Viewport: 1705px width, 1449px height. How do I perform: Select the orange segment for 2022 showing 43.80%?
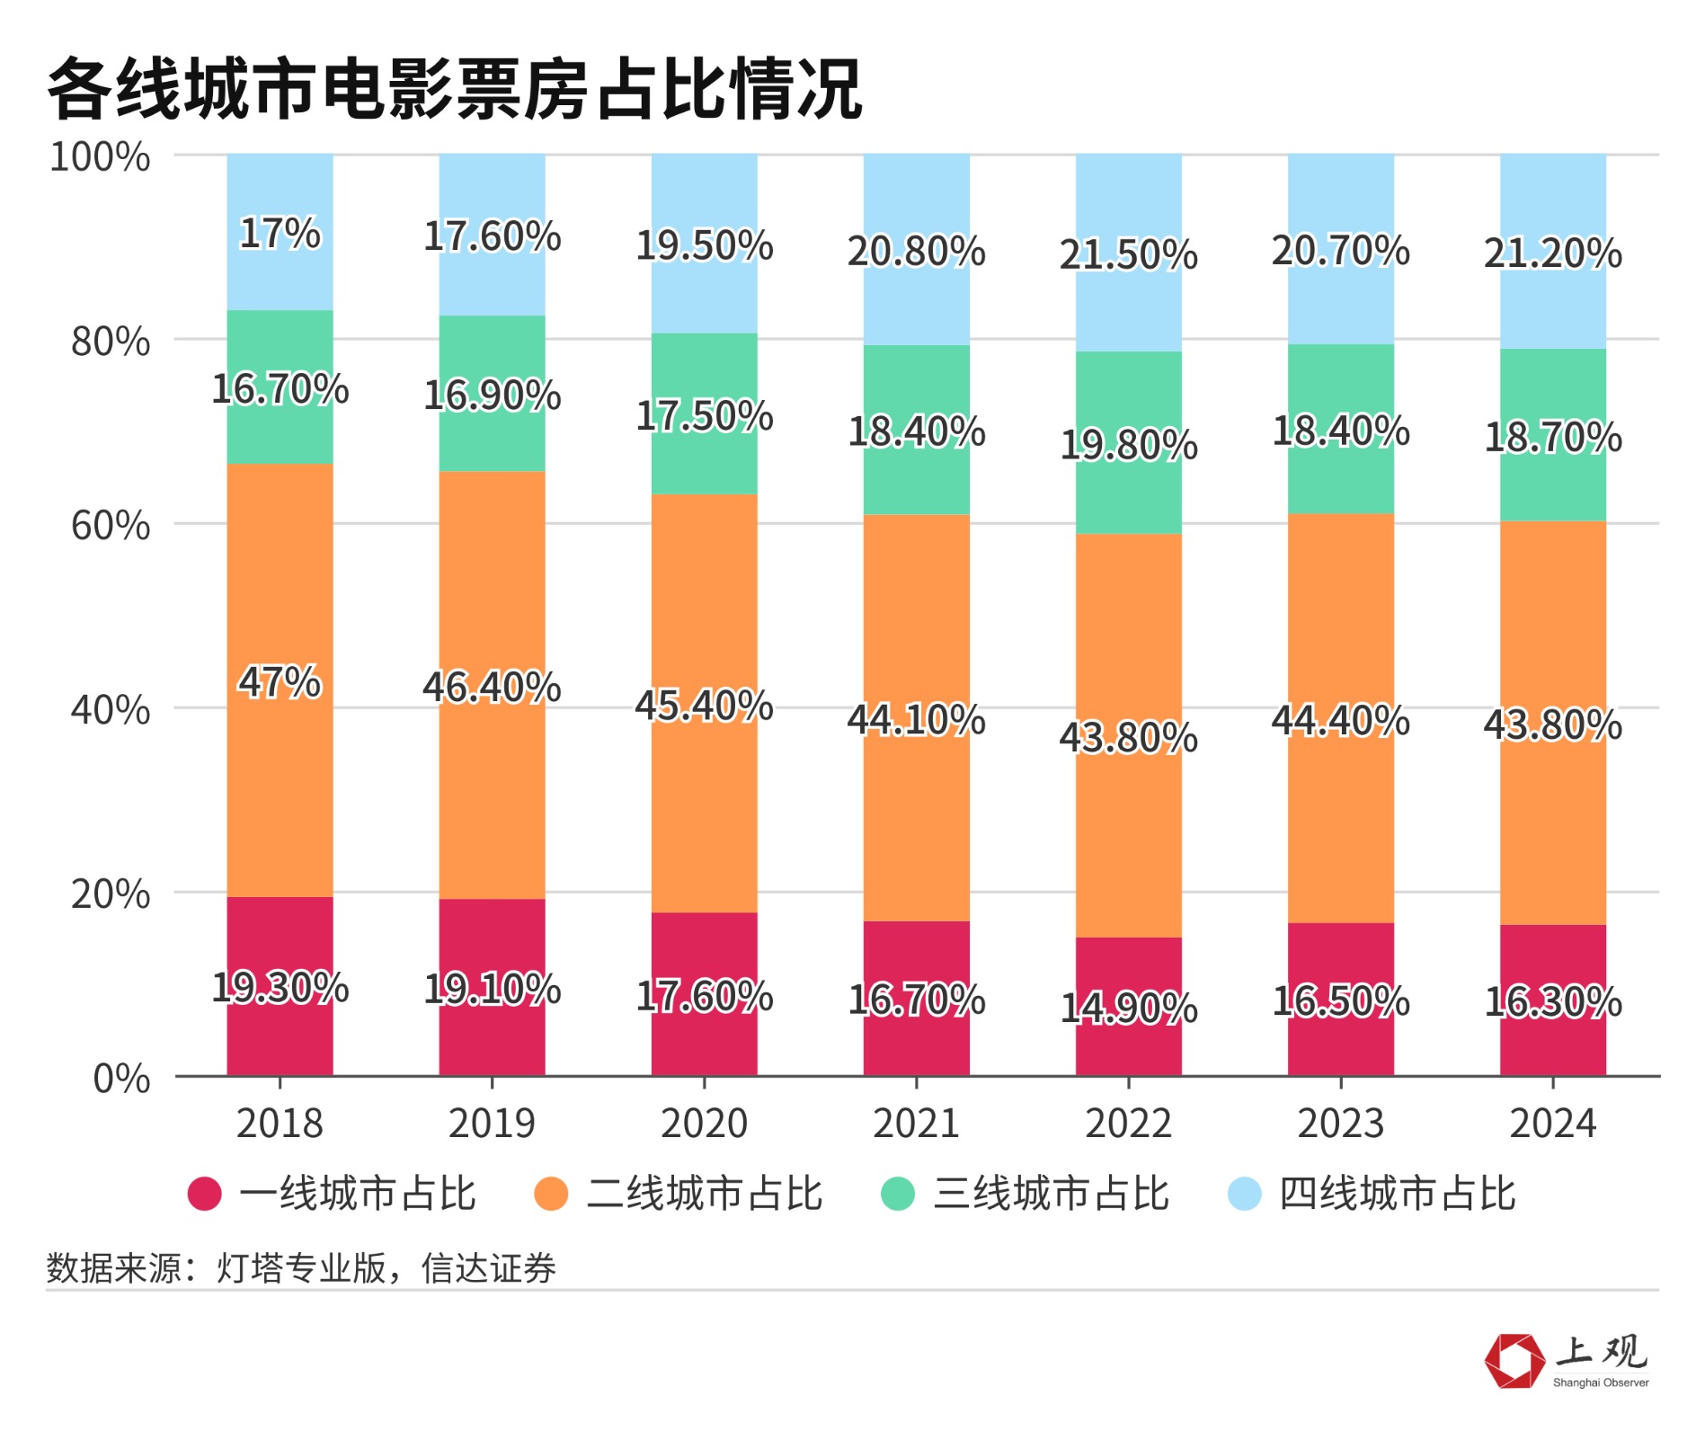[1128, 809]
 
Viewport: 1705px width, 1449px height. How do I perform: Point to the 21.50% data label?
[1128, 254]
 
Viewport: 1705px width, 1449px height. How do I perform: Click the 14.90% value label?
[1128, 1008]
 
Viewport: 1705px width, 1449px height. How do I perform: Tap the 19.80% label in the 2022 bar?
[1128, 444]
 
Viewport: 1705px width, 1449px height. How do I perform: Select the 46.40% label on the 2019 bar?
[492, 687]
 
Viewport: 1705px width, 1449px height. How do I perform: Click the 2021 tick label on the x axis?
[916, 1124]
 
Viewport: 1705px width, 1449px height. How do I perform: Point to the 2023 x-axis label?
[1340, 1124]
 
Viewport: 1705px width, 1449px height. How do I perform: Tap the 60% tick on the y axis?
[111, 525]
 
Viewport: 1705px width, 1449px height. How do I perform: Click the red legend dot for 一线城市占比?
[205, 1194]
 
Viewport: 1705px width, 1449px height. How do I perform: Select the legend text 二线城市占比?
[704, 1194]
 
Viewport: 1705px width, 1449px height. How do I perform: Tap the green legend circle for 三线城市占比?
[897, 1194]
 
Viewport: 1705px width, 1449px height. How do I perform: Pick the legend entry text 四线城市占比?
[1397, 1194]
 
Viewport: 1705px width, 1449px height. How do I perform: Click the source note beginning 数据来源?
[301, 1268]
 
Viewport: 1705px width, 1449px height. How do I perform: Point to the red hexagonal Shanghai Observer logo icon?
[1514, 1360]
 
